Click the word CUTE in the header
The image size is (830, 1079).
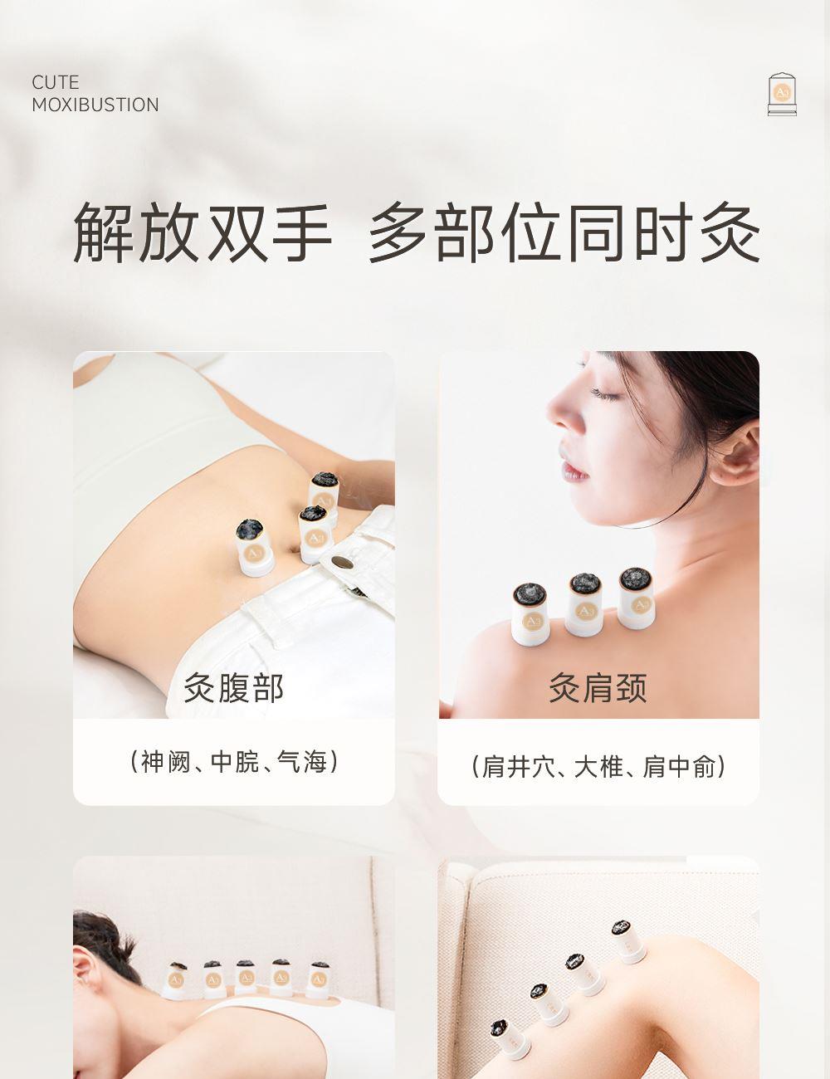click(55, 82)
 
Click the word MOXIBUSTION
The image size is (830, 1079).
click(95, 105)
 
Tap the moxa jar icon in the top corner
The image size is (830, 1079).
click(782, 95)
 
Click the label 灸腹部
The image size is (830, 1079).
click(233, 688)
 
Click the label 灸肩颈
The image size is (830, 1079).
click(598, 688)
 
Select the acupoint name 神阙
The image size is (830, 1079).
click(166, 762)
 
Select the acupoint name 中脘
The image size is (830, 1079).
click(235, 762)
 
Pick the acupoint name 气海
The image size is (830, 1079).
click(302, 762)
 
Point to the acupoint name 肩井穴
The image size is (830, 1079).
click(519, 767)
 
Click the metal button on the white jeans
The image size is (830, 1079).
click(342, 563)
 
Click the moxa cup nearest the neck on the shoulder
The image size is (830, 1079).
click(637, 598)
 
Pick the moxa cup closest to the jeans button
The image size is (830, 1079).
click(315, 535)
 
